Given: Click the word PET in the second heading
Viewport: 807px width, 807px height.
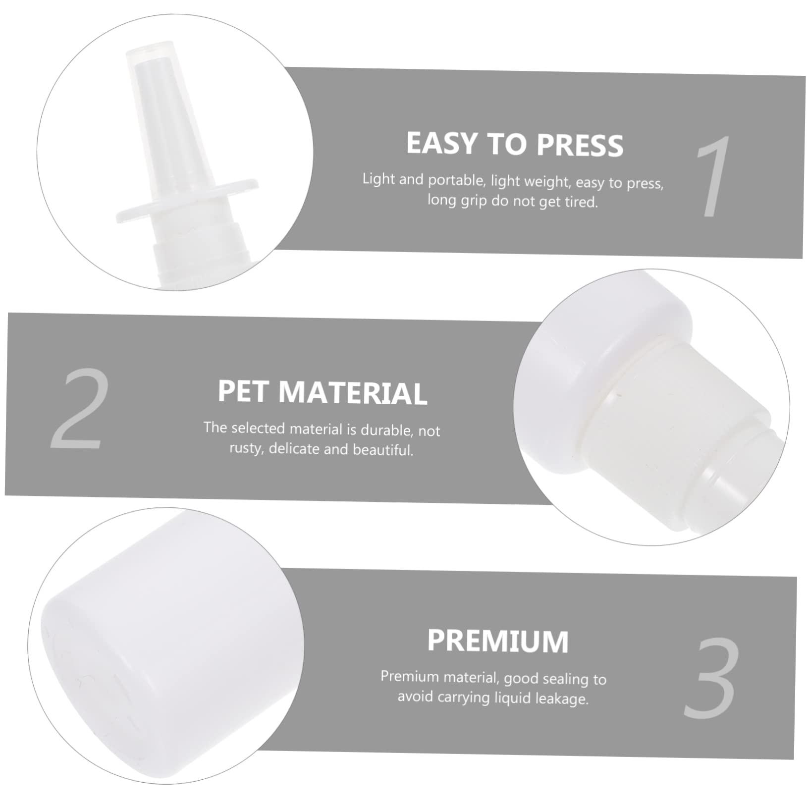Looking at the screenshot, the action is click(x=244, y=391).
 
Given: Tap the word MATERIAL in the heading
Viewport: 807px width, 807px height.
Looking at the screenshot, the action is click(x=352, y=393).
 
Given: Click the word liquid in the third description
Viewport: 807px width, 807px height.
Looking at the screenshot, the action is click(x=510, y=698).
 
